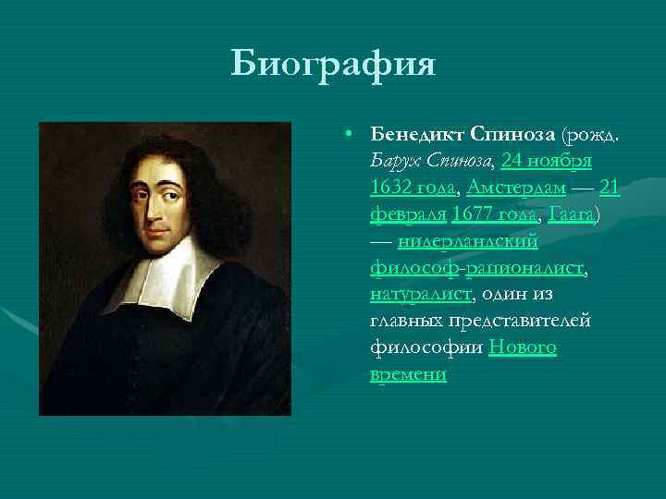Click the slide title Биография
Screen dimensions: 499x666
tap(332, 65)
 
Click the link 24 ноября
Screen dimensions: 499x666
tap(547, 162)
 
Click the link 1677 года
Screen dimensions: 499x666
tap(495, 215)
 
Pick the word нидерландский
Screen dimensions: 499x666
tap(468, 242)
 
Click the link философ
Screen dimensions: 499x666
tap(416, 269)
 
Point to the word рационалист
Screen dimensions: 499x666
tap(526, 269)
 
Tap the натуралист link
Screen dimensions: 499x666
tap(421, 295)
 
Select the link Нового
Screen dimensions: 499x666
tap(523, 348)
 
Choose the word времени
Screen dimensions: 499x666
tap(408, 374)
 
